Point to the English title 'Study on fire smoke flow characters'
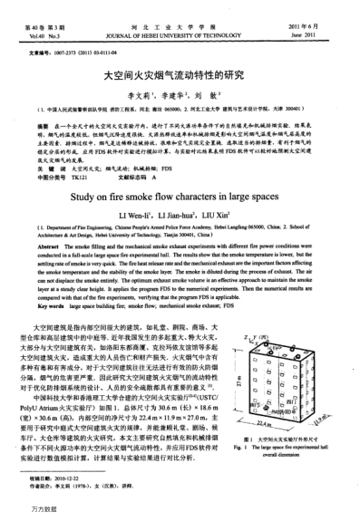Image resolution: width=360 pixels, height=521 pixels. [x=179, y=216]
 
